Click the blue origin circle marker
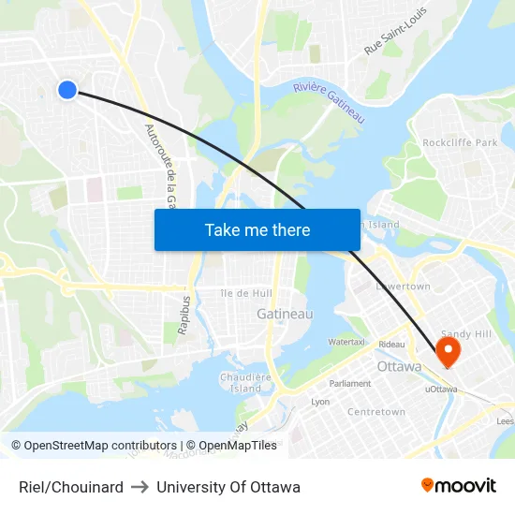click(66, 89)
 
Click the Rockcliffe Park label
click(460, 142)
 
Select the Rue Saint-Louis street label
click(395, 31)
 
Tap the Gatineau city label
click(285, 315)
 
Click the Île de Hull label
click(246, 293)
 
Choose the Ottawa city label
click(399, 366)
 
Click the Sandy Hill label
click(465, 333)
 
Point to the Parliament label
click(350, 383)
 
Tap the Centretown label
click(375, 412)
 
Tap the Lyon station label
click(320, 401)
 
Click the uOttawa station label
click(441, 388)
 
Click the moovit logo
click(458, 486)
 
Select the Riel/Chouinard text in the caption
click(71, 487)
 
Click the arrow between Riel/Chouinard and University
click(140, 487)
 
